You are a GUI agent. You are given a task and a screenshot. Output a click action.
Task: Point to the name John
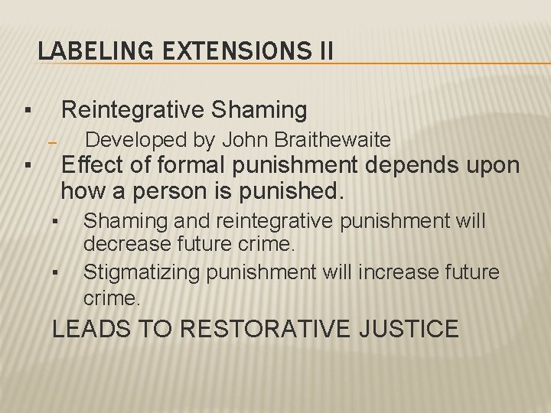pyautogui.click(x=244, y=140)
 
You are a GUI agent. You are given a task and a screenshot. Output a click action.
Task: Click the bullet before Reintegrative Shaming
pyautogui.click(x=26, y=111)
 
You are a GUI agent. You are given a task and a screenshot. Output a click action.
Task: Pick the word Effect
pyautogui.click(x=92, y=164)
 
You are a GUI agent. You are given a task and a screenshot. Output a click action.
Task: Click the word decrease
pyautogui.click(x=118, y=246)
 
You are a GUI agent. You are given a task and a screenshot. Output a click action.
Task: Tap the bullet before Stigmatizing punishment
pyautogui.click(x=56, y=273)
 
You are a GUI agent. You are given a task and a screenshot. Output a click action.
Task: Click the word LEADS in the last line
pyautogui.click(x=85, y=329)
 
